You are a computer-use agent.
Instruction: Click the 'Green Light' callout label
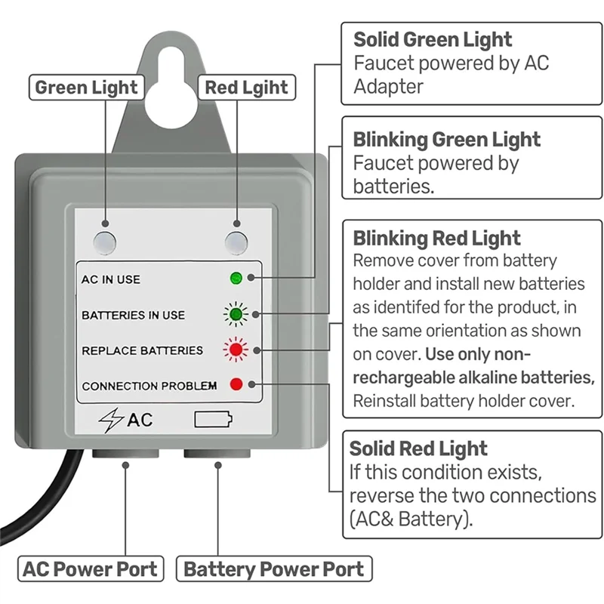(x=87, y=88)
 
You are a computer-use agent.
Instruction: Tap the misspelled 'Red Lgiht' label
(x=246, y=88)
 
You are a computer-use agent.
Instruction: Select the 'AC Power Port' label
(x=91, y=569)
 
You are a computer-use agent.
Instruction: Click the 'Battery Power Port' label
(x=273, y=569)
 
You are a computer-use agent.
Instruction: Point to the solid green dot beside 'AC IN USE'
(x=236, y=279)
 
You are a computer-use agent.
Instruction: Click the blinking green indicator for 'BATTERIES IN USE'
(x=236, y=314)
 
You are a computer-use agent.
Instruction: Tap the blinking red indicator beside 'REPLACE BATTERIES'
(x=236, y=350)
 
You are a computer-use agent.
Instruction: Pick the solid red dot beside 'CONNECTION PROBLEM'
(x=236, y=384)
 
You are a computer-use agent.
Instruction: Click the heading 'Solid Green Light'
(x=433, y=39)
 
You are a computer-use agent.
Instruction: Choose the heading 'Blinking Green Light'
(x=447, y=140)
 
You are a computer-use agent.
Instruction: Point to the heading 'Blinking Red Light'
(x=436, y=239)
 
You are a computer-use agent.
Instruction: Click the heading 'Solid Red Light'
(x=418, y=448)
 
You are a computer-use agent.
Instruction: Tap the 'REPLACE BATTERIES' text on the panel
(x=142, y=350)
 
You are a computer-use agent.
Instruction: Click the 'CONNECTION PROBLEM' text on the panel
(x=149, y=386)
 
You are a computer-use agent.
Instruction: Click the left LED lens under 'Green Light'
(x=105, y=242)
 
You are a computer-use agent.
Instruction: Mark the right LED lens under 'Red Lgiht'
(x=237, y=242)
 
